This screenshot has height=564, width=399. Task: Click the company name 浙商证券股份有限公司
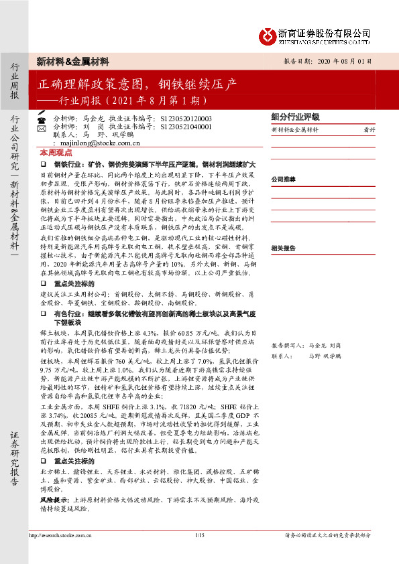(324, 31)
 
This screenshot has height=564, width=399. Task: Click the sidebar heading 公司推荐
(283, 180)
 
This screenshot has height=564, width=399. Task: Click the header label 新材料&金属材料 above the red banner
(73, 61)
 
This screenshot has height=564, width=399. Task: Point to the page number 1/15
(199, 535)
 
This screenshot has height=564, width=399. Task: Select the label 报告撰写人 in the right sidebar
(286, 345)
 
